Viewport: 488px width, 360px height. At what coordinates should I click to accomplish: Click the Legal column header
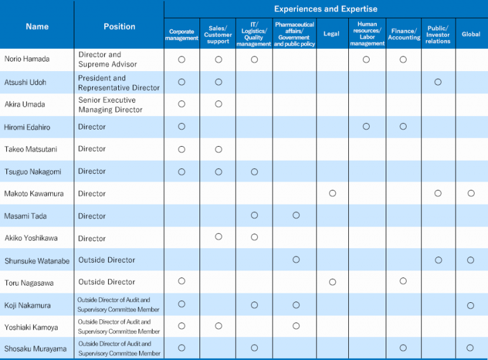331,34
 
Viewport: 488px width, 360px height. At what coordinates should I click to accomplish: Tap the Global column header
471,34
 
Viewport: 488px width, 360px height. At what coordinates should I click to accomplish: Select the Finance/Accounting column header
404,34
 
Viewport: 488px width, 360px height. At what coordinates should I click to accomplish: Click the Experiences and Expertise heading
325,9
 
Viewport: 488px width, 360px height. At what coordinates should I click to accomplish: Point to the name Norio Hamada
27,59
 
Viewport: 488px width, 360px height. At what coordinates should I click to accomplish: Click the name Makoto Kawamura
34,194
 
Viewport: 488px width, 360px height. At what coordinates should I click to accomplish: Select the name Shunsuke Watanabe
37,261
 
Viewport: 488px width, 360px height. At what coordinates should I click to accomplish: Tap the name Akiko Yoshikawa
31,238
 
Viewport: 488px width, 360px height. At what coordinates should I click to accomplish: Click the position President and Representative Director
119,83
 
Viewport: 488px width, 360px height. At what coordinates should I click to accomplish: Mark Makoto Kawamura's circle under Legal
332,194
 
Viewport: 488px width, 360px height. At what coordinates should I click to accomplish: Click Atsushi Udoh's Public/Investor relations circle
438,82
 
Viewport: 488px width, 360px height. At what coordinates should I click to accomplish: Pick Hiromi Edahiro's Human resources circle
366,126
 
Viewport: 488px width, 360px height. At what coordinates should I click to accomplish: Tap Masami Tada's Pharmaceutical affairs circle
296,215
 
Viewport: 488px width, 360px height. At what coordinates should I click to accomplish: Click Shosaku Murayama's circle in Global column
470,348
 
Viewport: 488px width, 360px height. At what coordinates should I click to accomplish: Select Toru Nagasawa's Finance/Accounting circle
403,281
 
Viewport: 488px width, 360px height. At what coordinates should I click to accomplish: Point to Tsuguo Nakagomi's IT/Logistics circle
254,172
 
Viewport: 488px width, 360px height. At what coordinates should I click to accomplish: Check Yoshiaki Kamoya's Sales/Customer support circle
219,326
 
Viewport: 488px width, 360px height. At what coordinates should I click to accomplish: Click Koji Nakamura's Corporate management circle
182,304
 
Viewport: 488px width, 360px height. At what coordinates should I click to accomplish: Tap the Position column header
119,27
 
